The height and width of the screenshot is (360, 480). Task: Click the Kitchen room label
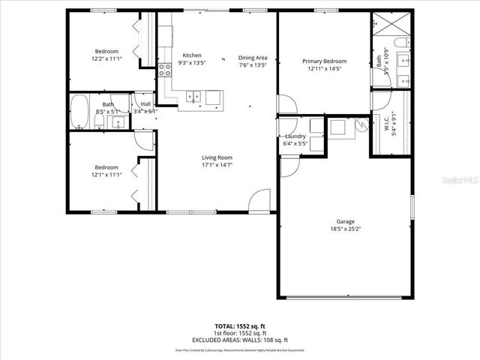[192, 55]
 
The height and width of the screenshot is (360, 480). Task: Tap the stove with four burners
[165, 70]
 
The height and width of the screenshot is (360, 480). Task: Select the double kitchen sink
[194, 96]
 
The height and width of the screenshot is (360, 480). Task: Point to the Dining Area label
[253, 58]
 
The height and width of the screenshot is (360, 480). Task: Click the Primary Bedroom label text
[324, 61]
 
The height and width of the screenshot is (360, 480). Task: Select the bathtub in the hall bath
[79, 112]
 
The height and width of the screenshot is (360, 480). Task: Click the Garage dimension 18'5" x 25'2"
[345, 229]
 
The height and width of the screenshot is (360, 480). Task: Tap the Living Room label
[217, 157]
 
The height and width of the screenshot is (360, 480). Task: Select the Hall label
[145, 104]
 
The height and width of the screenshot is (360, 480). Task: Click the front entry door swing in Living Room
[260, 200]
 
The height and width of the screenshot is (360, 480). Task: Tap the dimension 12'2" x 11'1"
[106, 58]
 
